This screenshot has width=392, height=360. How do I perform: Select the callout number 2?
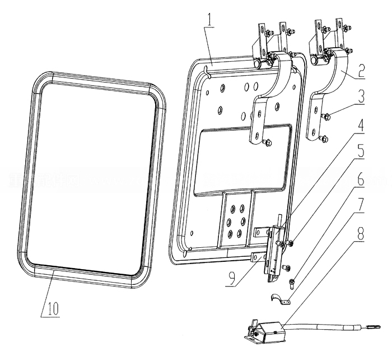point(362,70)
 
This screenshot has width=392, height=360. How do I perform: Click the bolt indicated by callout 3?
point(325,116)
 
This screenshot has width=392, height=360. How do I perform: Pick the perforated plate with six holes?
point(235,219)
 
